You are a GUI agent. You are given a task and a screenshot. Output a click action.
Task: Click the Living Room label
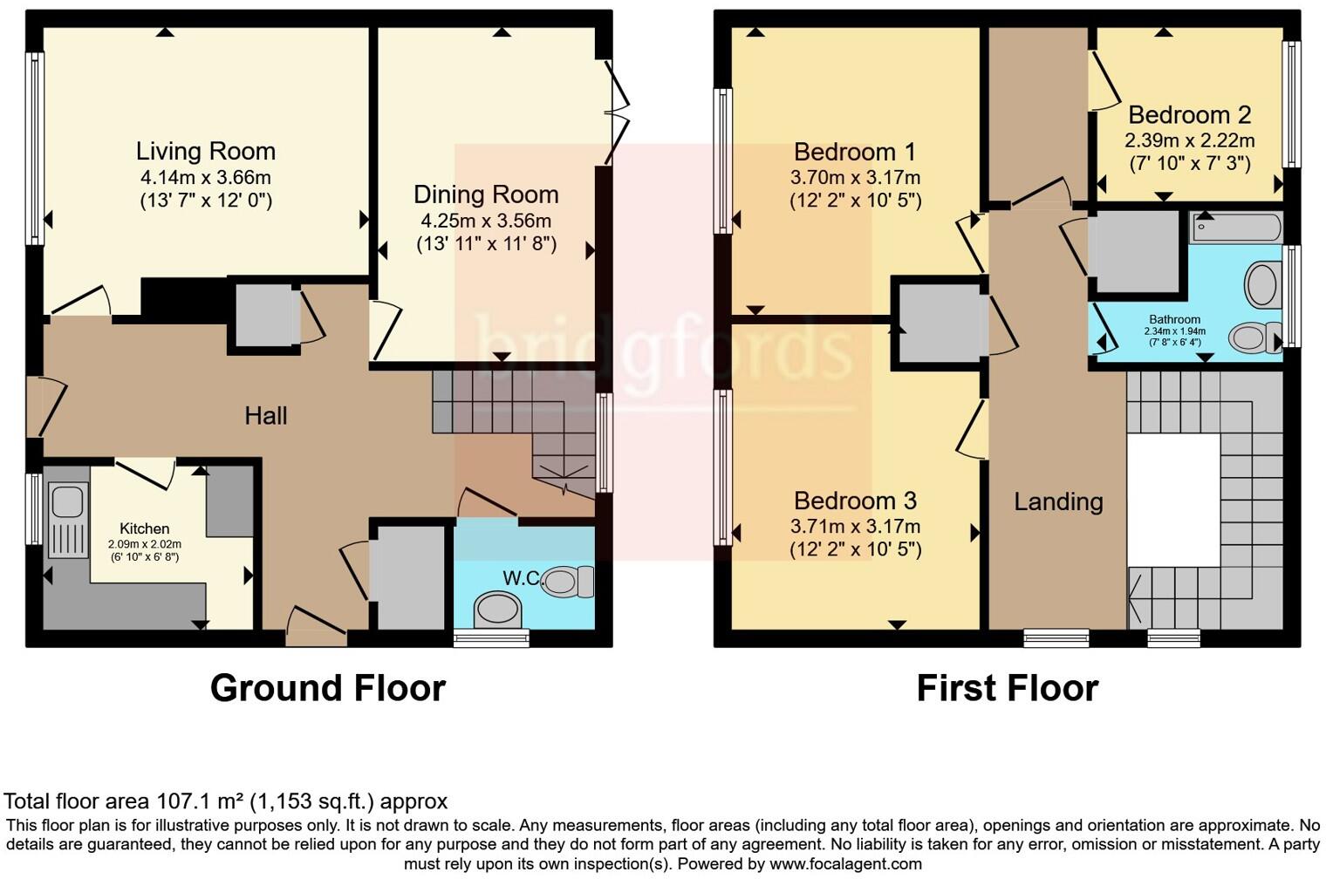pos(206,151)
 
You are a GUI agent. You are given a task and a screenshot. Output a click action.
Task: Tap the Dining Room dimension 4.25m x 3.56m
pos(486,221)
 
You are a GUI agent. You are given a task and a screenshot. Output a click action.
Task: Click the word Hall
pos(265,415)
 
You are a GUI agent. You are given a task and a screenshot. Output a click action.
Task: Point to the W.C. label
pos(522,577)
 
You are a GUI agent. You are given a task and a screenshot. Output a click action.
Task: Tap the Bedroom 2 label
pos(1189,114)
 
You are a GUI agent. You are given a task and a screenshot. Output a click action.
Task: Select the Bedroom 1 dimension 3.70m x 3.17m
pos(855,177)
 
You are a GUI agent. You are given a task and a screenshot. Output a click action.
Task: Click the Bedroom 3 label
pos(855,501)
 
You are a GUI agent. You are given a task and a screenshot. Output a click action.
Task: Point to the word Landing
pos(1058,501)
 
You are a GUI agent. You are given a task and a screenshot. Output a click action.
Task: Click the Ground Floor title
pos(327,688)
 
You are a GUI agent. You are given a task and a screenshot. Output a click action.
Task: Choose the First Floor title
pos(1007,688)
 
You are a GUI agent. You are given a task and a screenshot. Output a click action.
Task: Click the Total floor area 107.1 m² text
pos(225,801)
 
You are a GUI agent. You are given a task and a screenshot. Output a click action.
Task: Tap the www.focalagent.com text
pos(845,864)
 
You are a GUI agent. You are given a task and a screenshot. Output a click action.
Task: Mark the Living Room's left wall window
pos(35,148)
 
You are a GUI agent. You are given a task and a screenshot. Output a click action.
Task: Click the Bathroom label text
pos(1174,319)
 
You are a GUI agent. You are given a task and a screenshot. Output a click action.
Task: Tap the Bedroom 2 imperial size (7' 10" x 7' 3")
pos(1189,163)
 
